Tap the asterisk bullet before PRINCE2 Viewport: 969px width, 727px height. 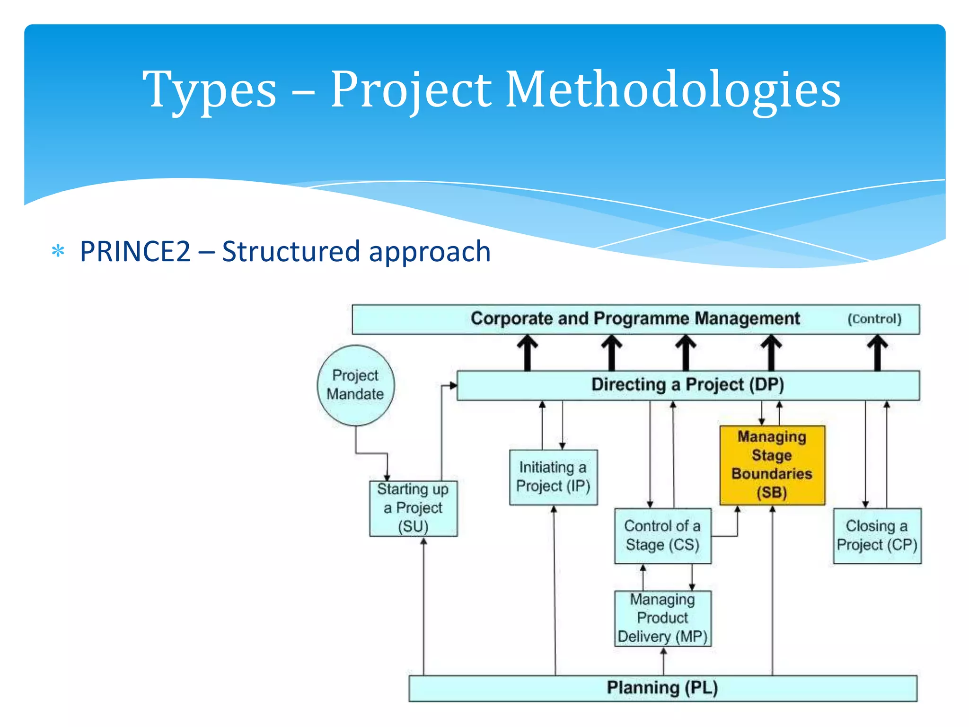58,251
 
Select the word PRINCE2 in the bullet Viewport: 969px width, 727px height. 135,251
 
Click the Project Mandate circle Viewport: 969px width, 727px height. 355,385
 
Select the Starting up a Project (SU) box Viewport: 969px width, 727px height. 413,508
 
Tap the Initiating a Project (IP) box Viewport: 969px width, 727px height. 553,477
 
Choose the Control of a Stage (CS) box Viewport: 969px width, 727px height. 662,536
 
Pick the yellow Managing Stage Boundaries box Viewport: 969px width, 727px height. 772,465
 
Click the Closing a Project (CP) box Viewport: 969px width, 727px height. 877,536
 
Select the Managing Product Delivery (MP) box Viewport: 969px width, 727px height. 662,618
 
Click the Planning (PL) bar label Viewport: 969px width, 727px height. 662,688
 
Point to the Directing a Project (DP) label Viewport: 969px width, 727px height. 687,385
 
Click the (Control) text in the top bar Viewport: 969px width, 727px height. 874,319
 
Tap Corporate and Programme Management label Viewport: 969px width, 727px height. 635,319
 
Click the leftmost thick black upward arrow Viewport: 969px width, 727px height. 527,353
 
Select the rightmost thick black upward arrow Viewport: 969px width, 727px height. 877,353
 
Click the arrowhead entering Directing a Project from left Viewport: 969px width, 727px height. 453,386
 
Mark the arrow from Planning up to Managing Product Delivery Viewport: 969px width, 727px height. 663,661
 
